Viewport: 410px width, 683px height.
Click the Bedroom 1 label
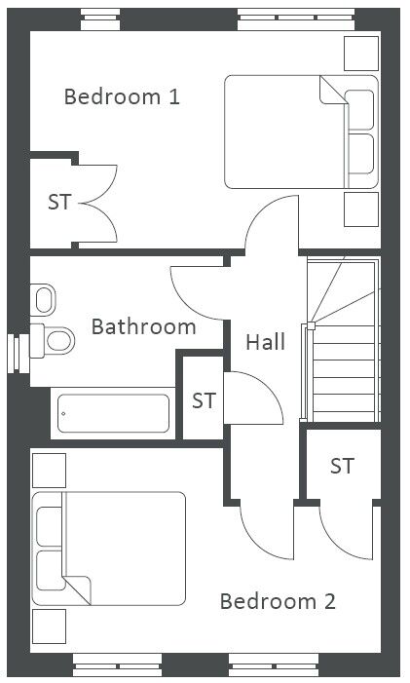pos(122,96)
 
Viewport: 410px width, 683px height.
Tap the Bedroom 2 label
pos(278,601)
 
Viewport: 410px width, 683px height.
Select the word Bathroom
pos(143,326)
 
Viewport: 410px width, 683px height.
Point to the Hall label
pos(266,341)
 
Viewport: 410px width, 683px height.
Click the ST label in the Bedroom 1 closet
pos(59,202)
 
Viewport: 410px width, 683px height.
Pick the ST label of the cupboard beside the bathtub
pos(204,400)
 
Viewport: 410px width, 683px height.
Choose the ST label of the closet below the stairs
pos(342,466)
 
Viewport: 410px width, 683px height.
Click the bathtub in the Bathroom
pos(114,413)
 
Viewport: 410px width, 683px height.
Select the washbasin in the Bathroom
pos(43,300)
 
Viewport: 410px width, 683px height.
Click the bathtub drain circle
pos(63,413)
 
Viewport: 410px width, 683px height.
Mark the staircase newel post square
pos(311,325)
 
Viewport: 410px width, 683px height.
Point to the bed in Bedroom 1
pos(301,132)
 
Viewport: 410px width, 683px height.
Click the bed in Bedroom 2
pos(109,549)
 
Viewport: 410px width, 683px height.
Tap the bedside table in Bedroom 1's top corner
pos(361,54)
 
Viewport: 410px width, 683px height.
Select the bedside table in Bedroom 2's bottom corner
pos(50,626)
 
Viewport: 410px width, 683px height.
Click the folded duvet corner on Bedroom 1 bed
pos(332,90)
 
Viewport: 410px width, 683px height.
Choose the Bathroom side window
pos(19,354)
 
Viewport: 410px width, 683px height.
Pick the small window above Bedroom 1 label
pos(100,19)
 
